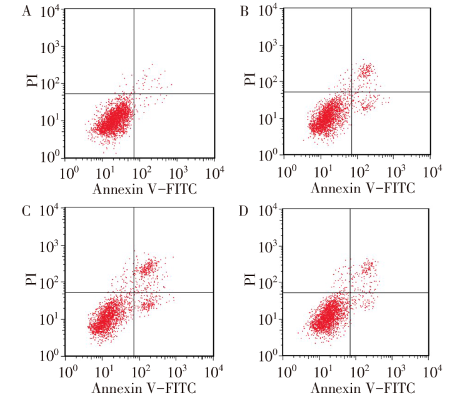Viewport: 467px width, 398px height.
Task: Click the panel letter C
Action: [x=26, y=210]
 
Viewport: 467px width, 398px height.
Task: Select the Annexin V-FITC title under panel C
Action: [x=144, y=387]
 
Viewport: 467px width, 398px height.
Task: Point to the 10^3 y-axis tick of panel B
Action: [x=270, y=46]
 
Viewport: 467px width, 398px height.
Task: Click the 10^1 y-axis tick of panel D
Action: [x=270, y=319]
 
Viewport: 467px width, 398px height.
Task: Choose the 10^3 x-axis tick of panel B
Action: [x=395, y=171]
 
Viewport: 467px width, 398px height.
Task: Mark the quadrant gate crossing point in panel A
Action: [x=134, y=94]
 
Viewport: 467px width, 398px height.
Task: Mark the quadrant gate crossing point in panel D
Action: [x=349, y=292]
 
